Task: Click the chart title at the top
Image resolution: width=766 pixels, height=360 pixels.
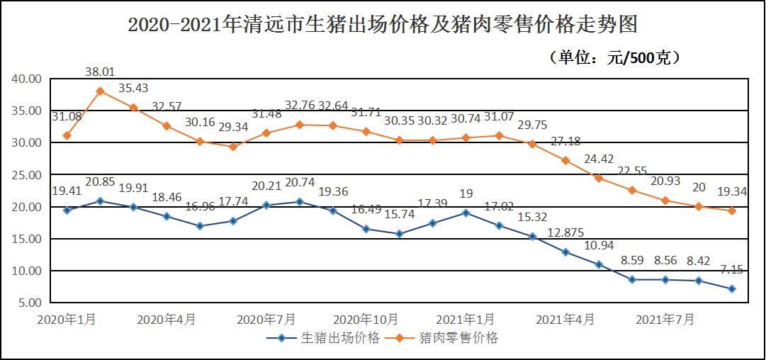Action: tap(383, 26)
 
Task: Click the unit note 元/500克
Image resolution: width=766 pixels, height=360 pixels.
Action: tap(615, 57)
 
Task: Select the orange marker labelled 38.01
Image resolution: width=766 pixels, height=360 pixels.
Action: tap(100, 91)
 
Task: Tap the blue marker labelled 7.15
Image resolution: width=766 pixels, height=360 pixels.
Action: tap(732, 289)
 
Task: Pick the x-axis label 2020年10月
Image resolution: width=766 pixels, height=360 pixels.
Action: tap(366, 320)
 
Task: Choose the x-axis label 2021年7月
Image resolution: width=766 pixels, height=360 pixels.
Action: tap(665, 320)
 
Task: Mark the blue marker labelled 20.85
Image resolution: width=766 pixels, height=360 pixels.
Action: tap(100, 201)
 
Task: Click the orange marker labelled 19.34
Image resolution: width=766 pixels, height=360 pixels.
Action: tap(732, 210)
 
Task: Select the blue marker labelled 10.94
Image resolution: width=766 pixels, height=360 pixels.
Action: tap(599, 264)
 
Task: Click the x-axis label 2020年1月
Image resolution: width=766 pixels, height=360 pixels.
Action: tap(67, 320)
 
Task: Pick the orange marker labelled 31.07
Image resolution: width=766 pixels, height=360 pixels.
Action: tap(499, 135)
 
